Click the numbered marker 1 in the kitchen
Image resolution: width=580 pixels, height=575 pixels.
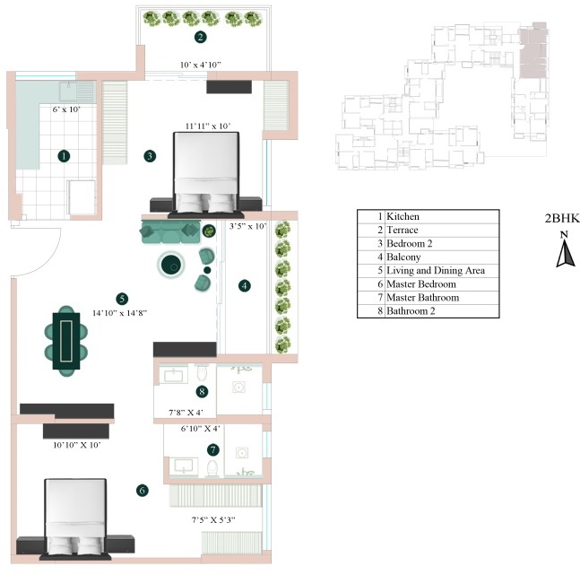click(x=64, y=155)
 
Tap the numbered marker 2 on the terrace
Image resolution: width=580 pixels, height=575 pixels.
click(x=200, y=38)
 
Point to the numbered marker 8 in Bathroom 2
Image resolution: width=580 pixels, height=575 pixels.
click(x=203, y=391)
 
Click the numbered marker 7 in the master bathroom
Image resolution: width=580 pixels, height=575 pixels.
click(x=212, y=449)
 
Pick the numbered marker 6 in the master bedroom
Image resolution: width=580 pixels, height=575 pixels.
click(x=142, y=490)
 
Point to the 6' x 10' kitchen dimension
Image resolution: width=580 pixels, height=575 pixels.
click(x=65, y=109)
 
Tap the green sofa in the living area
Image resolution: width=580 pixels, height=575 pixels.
click(x=170, y=232)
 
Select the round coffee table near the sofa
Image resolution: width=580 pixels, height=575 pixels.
click(x=170, y=265)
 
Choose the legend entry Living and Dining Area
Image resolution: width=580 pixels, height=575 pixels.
click(x=437, y=270)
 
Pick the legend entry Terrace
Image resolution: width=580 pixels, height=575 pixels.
click(x=403, y=230)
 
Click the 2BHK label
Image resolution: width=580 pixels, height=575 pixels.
click(x=562, y=218)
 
